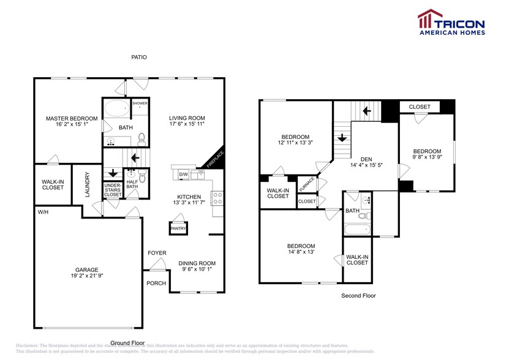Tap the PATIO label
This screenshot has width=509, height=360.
[x=139, y=57]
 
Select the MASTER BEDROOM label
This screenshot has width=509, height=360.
[x=72, y=118]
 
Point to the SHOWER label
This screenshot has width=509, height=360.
[x=140, y=103]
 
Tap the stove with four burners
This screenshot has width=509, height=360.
[x=217, y=198]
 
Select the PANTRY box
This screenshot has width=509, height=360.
[x=178, y=228]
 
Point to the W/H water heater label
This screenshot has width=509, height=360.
[x=43, y=212]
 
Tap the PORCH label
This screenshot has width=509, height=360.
[x=156, y=283]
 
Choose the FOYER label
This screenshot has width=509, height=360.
[x=157, y=253]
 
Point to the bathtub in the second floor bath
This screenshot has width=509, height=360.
[x=356, y=230]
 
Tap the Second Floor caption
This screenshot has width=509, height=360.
[x=358, y=296]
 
